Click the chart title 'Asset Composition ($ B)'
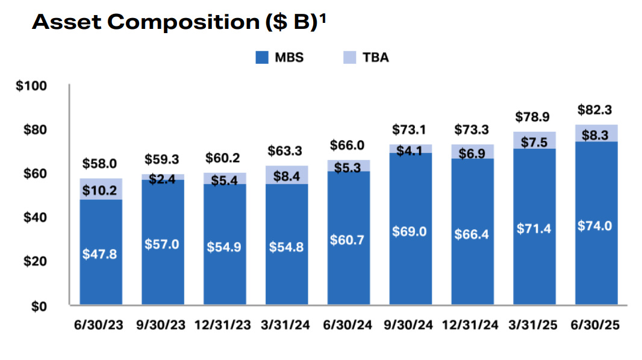pos(175,23)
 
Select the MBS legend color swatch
pos(261,58)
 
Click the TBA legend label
pos(375,58)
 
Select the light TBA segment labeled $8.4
pos(287,175)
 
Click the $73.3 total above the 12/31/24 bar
pos(472,129)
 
